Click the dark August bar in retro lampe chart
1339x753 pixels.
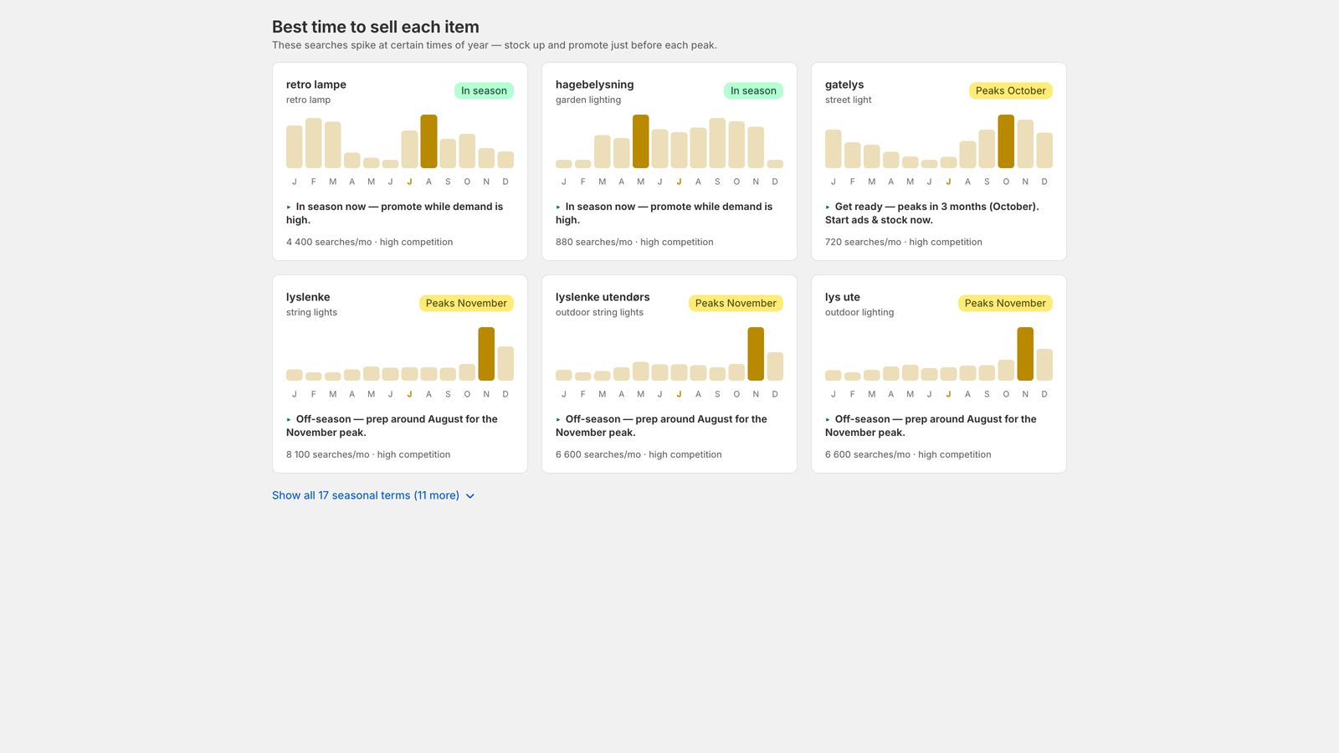428,141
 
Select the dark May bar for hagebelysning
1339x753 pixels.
640,141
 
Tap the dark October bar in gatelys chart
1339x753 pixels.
1006,141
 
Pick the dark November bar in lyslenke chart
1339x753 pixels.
486,354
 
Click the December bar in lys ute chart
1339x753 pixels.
1044,365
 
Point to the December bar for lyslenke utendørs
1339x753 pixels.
775,366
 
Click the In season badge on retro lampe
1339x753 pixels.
484,91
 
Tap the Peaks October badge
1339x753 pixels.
1010,91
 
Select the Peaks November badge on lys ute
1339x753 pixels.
1005,304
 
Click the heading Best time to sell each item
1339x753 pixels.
376,27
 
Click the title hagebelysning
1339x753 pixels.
594,85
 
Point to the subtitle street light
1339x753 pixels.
848,100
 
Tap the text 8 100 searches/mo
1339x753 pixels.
327,455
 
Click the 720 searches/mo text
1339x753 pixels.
863,242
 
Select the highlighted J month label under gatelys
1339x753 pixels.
948,182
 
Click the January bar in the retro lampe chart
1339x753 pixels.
294,147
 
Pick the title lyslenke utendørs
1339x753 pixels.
603,297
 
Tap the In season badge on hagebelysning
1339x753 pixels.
753,91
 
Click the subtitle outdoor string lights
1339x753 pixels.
599,313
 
